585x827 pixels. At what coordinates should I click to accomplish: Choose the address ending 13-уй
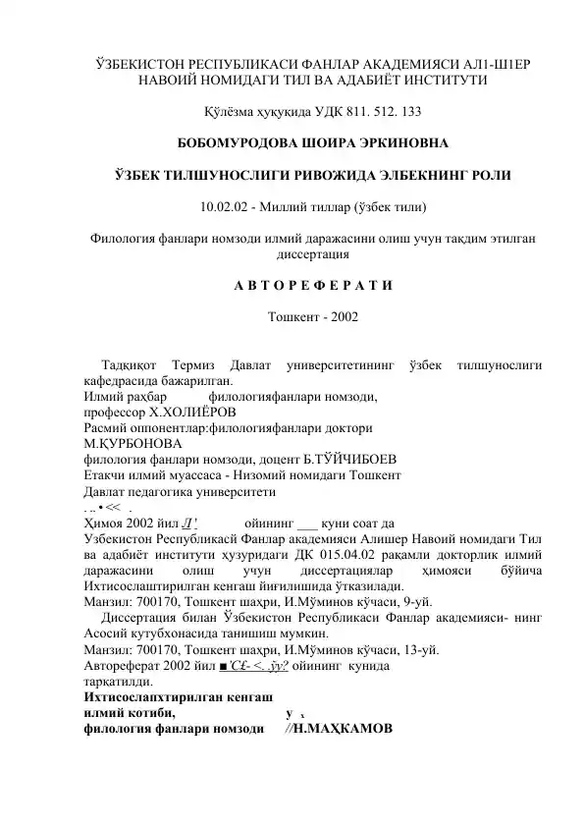coord(418,649)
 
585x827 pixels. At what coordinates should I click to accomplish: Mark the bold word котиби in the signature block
coord(154,713)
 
